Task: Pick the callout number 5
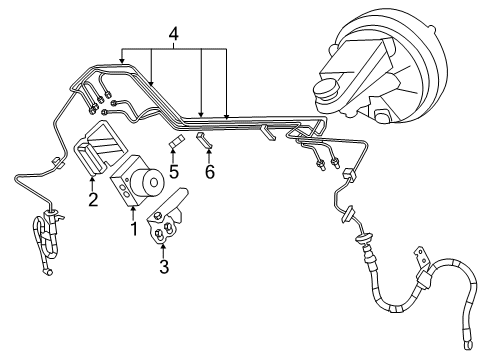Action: point(173,171)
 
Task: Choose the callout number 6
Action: point(209,171)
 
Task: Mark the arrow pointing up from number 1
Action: point(134,208)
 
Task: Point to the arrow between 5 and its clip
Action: point(173,158)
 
